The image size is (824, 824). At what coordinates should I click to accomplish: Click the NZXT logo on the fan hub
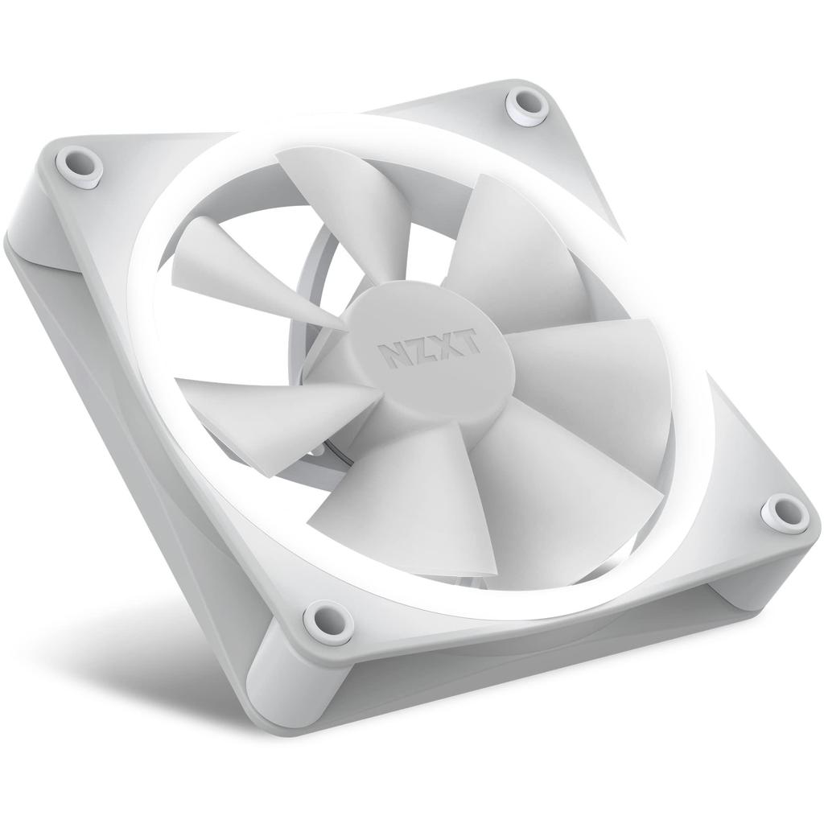click(x=430, y=348)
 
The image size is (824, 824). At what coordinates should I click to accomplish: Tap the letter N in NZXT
click(x=392, y=352)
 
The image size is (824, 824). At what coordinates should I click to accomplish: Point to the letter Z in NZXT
click(x=418, y=349)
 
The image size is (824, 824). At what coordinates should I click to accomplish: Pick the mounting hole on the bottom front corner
click(x=325, y=620)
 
